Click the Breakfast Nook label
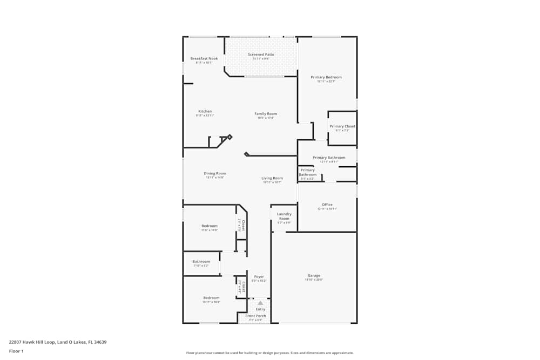204,58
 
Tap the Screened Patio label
261,55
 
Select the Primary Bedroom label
326,77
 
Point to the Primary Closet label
342,126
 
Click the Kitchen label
205,111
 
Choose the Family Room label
266,114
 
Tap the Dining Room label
215,173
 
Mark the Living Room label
272,178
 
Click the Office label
327,205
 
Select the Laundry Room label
284,216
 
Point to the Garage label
314,275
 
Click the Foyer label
259,276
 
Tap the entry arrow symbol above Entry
260,303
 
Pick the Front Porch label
255,316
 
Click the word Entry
260,309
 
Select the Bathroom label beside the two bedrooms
201,261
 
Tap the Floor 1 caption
16,351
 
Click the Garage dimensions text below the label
314,280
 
